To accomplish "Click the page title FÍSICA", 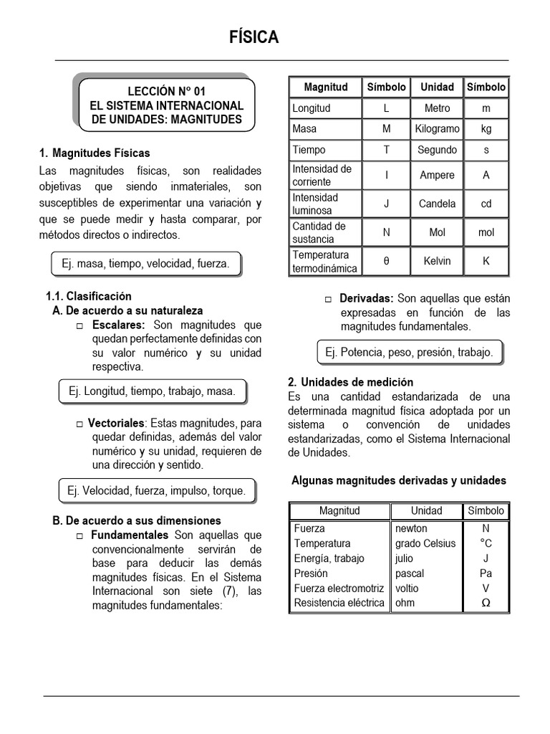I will pyautogui.click(x=254, y=38).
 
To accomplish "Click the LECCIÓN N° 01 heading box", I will pyautogui.click(x=165, y=105).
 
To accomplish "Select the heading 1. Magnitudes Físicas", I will pyautogui.click(x=95, y=153).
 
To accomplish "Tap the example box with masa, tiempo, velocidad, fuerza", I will pyautogui.click(x=145, y=264).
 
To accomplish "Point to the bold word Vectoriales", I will pyautogui.click(x=116, y=423).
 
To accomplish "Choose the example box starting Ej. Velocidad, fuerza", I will pyautogui.click(x=156, y=491).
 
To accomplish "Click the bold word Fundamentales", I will pyautogui.click(x=129, y=535).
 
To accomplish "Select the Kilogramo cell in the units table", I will pyautogui.click(x=437, y=129).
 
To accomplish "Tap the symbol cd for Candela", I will pyautogui.click(x=486, y=204).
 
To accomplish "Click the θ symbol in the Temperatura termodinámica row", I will pyautogui.click(x=387, y=262).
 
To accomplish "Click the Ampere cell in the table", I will pyautogui.click(x=437, y=176).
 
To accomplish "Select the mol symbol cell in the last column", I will pyautogui.click(x=486, y=232).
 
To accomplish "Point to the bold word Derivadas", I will pyautogui.click(x=367, y=298).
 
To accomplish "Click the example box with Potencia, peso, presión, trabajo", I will pyautogui.click(x=409, y=353).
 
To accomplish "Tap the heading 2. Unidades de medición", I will pyautogui.click(x=350, y=383).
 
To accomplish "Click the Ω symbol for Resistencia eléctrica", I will pyautogui.click(x=486, y=604).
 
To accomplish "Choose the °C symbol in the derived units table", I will pyautogui.click(x=486, y=543).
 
